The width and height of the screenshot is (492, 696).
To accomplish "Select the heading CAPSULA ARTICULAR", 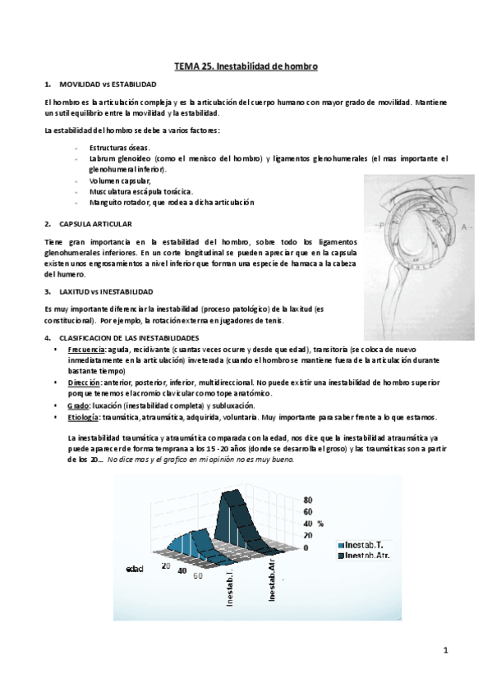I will pyautogui.click(x=95, y=223).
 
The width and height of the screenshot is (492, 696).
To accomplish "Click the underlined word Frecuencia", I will pyautogui.click(x=87, y=349).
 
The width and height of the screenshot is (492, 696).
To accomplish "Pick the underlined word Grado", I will pyautogui.click(x=78, y=405).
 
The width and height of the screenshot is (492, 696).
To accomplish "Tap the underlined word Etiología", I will pyautogui.click(x=85, y=417).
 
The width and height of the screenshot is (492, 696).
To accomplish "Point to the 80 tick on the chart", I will pyautogui.click(x=308, y=499).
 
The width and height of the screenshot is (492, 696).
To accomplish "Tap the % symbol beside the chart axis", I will pyautogui.click(x=320, y=524).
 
